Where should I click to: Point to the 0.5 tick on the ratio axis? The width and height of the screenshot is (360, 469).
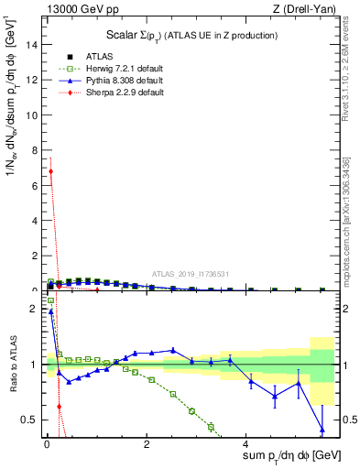click(x=30, y=420)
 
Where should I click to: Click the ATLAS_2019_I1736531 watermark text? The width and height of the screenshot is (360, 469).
click(x=191, y=274)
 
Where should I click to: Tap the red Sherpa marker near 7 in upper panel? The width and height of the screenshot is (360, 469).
click(x=50, y=171)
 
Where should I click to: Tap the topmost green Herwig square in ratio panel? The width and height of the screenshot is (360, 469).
click(x=50, y=300)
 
